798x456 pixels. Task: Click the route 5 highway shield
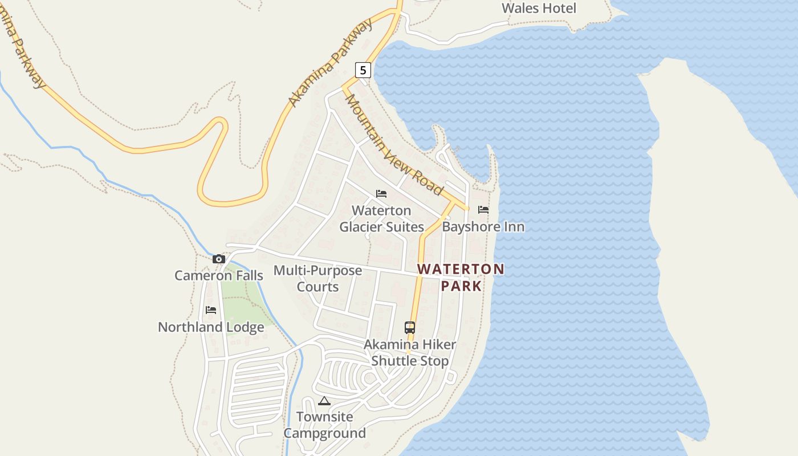[363, 70]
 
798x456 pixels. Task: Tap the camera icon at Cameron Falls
[219, 259]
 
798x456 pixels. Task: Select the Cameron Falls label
[219, 276]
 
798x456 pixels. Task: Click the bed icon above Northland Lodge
[211, 311]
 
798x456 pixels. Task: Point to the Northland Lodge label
[211, 327]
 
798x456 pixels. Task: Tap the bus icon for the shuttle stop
[410, 328]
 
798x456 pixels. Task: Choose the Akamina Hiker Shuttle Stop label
[410, 353]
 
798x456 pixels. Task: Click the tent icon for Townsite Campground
[324, 401]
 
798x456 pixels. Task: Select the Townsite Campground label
[325, 425]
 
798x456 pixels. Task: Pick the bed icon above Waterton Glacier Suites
[381, 194]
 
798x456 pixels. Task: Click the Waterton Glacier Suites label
[382, 219]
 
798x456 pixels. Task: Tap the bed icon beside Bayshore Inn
[483, 210]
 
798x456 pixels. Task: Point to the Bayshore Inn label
[483, 227]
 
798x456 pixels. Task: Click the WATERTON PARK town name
[461, 277]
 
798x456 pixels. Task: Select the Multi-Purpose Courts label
[317, 279]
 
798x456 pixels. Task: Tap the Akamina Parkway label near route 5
[331, 63]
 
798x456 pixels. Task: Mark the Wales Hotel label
[539, 8]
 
